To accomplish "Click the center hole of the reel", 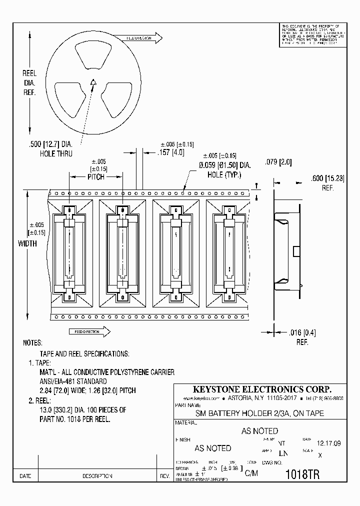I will click(x=93, y=83).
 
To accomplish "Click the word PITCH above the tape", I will click(x=95, y=177).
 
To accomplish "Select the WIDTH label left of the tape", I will click(x=27, y=244).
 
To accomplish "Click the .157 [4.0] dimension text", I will click(x=170, y=152).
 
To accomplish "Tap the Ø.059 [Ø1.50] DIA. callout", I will click(x=224, y=165).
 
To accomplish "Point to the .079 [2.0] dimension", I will click(x=277, y=163).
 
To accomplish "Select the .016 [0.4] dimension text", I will click(x=303, y=332).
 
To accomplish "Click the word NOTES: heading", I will click(x=33, y=343).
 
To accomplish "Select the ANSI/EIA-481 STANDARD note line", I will click(x=73, y=381).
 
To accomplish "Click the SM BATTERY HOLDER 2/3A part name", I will click(x=259, y=413).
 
